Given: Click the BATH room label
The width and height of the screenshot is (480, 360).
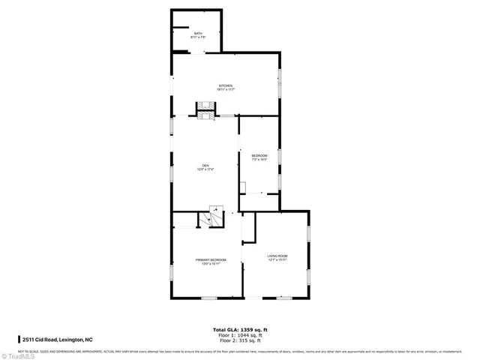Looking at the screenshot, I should tap(198, 34).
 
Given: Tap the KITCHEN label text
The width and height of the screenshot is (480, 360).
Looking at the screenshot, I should tap(226, 85).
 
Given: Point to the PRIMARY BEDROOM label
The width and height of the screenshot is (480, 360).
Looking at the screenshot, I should tap(205, 259).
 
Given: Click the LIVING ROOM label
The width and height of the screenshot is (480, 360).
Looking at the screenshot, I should tap(277, 256).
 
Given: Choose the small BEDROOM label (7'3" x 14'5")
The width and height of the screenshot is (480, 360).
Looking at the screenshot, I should tap(259, 155).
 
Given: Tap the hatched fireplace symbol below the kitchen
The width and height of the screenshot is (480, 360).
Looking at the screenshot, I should tap(205, 109).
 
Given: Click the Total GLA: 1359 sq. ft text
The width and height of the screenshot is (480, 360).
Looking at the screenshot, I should tap(239, 330).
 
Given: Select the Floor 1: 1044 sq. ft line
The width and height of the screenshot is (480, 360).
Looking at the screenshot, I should tap(239, 335).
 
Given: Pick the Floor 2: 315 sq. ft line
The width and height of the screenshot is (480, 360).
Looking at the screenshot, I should tap(239, 340).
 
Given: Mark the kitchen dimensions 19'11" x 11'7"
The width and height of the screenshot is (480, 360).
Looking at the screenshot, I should tap(226, 90).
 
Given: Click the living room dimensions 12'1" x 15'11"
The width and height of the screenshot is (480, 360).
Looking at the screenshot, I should tap(277, 261).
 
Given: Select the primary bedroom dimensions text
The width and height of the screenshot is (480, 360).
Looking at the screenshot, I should tap(205, 264).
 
